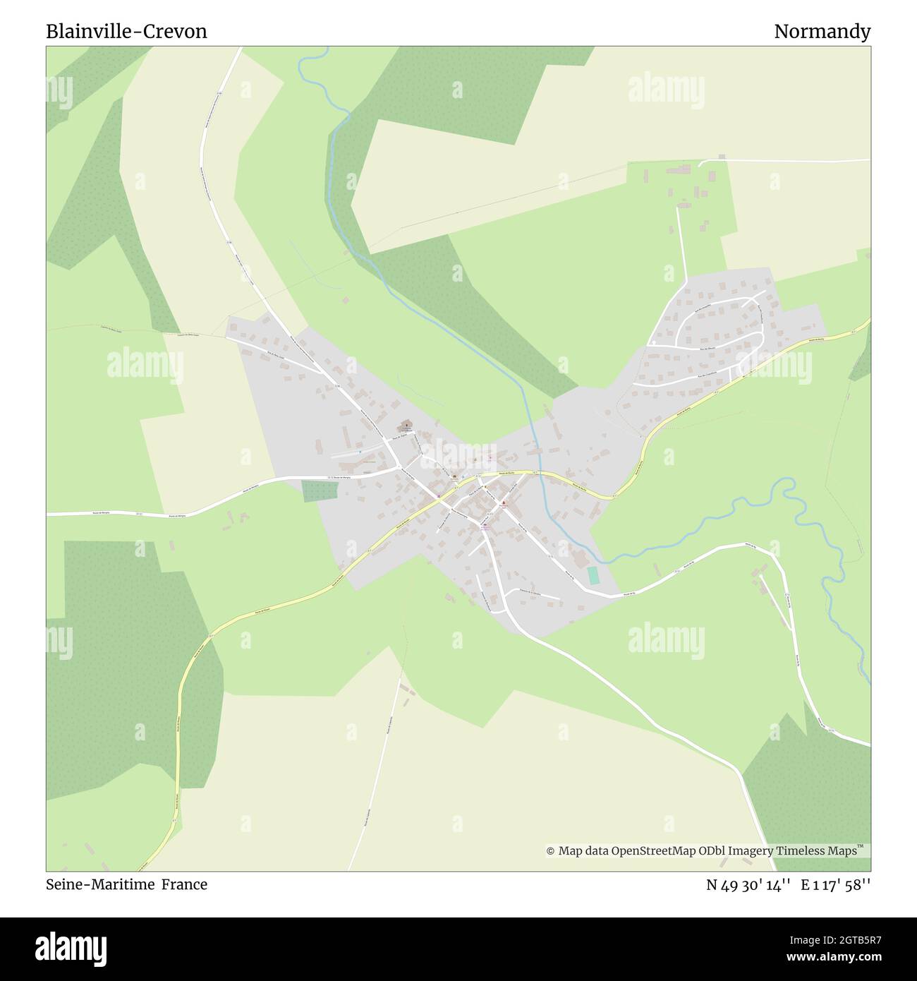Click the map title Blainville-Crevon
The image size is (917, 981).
(x=126, y=32)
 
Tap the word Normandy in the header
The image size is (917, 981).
(x=822, y=32)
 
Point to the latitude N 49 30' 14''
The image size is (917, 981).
(x=749, y=885)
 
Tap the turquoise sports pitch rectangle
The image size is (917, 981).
(x=593, y=575)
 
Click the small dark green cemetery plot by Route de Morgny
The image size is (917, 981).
(x=313, y=491)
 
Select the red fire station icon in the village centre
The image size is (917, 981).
(x=504, y=503)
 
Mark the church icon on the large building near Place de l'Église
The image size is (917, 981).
(x=406, y=426)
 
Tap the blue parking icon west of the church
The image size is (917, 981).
(x=358, y=452)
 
